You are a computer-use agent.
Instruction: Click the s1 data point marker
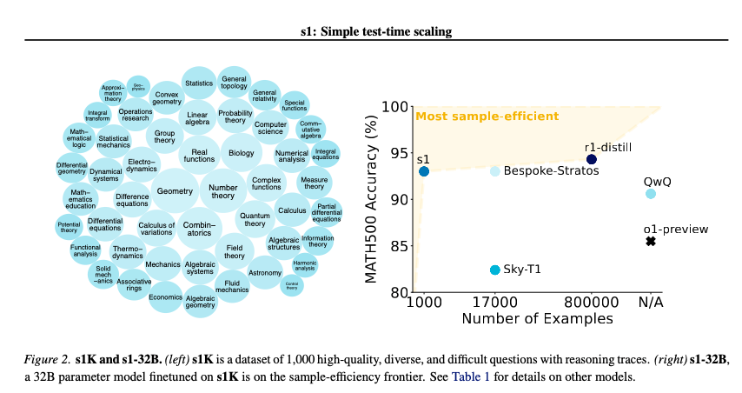[x=424, y=171]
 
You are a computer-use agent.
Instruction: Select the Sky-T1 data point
[x=495, y=270]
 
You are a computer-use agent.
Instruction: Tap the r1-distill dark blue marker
[x=592, y=159]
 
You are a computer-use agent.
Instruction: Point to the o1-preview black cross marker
[x=651, y=241]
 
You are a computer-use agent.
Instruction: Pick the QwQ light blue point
[x=651, y=193]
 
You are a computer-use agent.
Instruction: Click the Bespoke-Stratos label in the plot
[x=551, y=171]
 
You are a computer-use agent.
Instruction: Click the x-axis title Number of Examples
[x=537, y=319]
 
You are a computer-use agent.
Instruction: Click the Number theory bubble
[x=223, y=191]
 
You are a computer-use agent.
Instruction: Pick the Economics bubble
[x=165, y=296]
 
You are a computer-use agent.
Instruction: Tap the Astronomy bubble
[x=265, y=273]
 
